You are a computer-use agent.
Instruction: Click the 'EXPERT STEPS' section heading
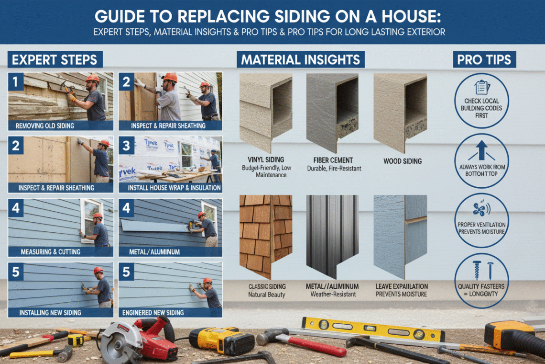[54, 60]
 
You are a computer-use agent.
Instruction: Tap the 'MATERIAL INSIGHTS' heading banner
[301, 60]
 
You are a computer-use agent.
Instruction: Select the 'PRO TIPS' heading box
[484, 60]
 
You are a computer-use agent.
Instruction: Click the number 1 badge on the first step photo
[15, 82]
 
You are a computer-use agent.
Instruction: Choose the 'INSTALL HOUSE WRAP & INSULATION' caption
[174, 188]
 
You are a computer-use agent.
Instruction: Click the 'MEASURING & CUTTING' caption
[51, 251]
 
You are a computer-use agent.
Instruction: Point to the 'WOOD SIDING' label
[402, 161]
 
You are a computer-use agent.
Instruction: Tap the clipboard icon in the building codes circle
[481, 87]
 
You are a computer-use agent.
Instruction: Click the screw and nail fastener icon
[482, 270]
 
